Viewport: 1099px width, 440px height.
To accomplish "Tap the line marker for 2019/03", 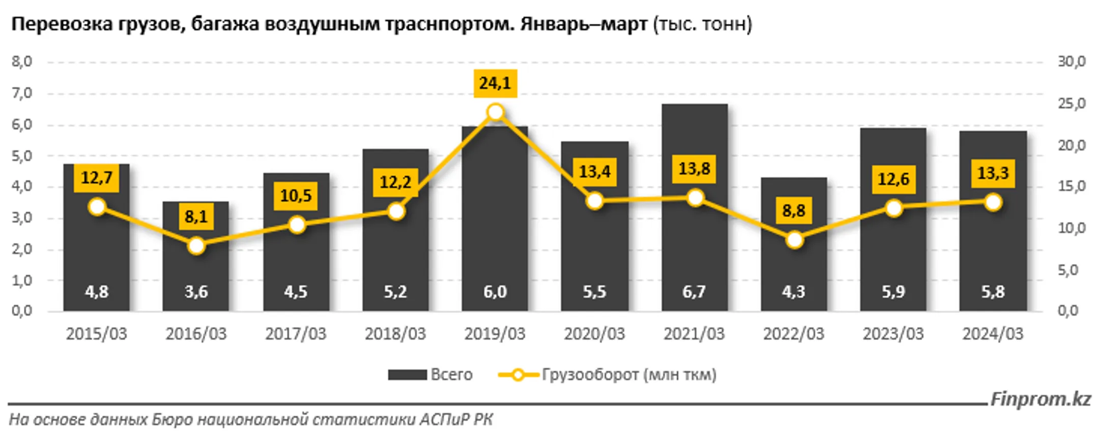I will tap(496, 112).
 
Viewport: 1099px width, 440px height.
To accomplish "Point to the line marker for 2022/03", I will tap(794, 240).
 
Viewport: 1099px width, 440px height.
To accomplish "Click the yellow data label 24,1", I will tap(495, 83).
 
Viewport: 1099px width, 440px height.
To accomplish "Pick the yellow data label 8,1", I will tap(196, 217).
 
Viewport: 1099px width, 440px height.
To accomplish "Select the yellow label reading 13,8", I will tap(694, 169).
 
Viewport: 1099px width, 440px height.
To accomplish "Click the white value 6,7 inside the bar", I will tap(694, 292).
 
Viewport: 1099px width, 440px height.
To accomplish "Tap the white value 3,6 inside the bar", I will tap(196, 292).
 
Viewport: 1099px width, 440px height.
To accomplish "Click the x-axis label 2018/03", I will tap(395, 334).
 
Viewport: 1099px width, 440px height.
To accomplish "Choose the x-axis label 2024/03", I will tap(993, 334).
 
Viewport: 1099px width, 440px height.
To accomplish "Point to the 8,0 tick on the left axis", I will tap(22, 62).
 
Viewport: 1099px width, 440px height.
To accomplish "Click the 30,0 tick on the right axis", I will tap(1072, 62).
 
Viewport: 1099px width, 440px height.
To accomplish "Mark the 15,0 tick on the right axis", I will tap(1072, 186).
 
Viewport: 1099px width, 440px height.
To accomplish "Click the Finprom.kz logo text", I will tap(1040, 399).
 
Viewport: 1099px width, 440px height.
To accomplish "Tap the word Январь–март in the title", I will tap(584, 24).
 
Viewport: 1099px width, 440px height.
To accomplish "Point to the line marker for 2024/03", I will tap(993, 203).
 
